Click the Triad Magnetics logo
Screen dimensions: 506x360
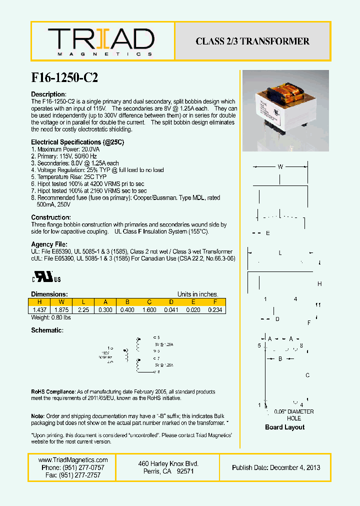(x=101, y=41)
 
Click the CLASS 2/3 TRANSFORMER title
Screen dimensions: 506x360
(x=252, y=41)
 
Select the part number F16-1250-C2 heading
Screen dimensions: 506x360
(x=64, y=77)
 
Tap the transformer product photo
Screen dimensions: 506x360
(x=285, y=111)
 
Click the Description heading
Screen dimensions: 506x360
(x=48, y=94)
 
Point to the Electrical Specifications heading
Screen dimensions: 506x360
(x=77, y=142)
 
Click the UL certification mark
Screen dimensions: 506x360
(x=47, y=277)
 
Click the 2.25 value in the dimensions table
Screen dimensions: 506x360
(x=83, y=310)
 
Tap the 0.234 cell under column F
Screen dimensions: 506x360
(x=214, y=310)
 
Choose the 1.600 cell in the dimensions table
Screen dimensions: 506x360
(x=149, y=310)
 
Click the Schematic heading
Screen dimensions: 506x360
(x=47, y=331)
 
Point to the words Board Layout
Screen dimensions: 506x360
(x=284, y=427)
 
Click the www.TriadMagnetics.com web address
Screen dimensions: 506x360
(x=73, y=460)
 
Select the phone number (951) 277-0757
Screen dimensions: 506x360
(x=73, y=467)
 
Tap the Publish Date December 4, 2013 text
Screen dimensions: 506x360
(x=276, y=467)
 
